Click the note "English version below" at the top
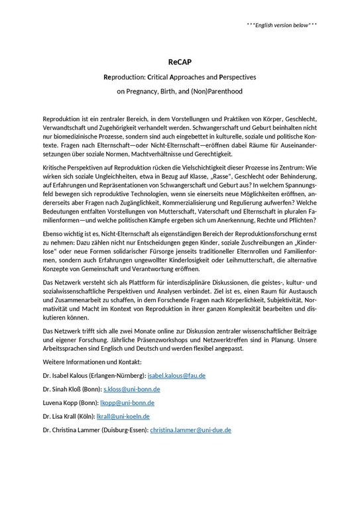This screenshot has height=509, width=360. [282, 25]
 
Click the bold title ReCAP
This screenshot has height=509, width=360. [180, 62]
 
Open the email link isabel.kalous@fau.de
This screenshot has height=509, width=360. [172, 375]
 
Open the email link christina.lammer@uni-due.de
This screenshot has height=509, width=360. [190, 430]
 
